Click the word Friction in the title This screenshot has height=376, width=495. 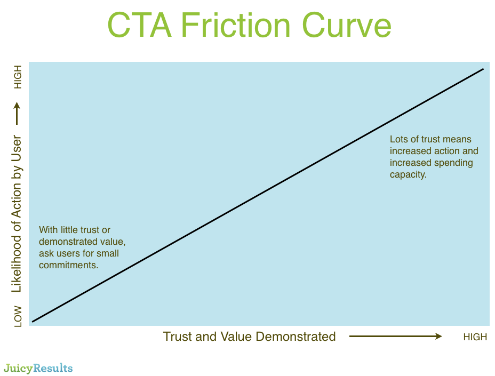click(x=236, y=25)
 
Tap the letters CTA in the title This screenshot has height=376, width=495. click(x=140, y=25)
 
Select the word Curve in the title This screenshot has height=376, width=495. click(x=347, y=25)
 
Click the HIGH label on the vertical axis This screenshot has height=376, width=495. click(x=18, y=77)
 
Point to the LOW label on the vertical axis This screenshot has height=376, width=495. click(x=18, y=316)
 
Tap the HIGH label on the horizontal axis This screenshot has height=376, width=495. click(x=475, y=337)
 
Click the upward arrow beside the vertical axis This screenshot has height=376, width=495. click(x=17, y=114)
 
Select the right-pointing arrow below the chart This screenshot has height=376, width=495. click(x=396, y=336)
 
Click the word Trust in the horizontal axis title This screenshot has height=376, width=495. click(x=178, y=337)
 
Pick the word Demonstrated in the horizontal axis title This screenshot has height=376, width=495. click(x=296, y=337)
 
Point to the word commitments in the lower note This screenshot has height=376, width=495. click(x=68, y=265)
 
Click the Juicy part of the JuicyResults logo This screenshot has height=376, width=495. click(x=18, y=369)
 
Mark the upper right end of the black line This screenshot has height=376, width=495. click(x=483, y=69)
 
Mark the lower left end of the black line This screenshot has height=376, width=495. click(x=33, y=322)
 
